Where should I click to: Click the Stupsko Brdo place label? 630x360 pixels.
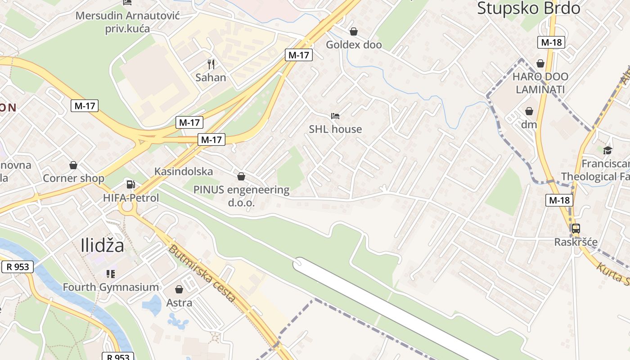click(528, 8)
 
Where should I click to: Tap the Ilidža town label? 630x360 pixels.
click(103, 245)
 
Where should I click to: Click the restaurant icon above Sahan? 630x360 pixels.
click(211, 64)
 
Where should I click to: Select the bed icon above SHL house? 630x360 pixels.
click(335, 116)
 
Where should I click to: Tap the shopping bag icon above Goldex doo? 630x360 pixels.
click(354, 31)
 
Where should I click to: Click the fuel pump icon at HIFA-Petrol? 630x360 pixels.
click(130, 184)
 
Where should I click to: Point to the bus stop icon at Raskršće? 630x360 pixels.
click(576, 229)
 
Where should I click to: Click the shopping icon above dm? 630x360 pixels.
click(529, 111)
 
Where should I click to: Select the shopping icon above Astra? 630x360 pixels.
click(179, 289)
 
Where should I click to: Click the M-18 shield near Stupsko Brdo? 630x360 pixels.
click(551, 42)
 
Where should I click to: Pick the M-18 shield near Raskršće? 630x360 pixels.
click(559, 200)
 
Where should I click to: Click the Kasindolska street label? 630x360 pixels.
click(184, 171)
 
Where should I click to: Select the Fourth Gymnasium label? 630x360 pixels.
click(111, 287)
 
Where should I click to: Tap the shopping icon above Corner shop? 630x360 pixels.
click(73, 165)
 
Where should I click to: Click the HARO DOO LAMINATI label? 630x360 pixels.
click(540, 83)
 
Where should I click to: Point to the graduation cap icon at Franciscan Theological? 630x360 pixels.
click(607, 150)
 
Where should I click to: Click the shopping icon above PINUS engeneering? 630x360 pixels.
click(241, 176)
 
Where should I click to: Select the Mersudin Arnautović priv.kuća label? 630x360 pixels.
click(128, 22)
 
